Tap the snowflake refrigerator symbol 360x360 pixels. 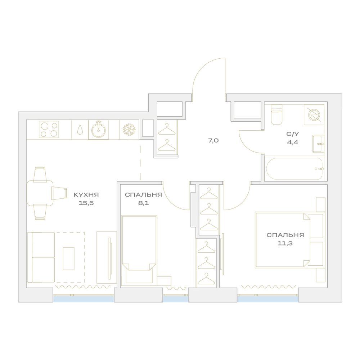pos(129,130)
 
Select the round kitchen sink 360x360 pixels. pos(99,130)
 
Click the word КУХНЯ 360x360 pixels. pos(86,195)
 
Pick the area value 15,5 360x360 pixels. pos(86,203)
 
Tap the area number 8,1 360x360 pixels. pos(143,203)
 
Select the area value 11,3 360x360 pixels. pos(285,243)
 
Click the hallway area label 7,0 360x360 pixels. pos(213,140)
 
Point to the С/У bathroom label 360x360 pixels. pos(292,134)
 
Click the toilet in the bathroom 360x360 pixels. pos(276,114)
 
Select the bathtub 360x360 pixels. pos(295,169)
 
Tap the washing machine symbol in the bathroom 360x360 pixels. pos(314,115)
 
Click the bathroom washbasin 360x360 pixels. pos(318,144)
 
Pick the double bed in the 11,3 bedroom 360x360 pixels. pos(290,240)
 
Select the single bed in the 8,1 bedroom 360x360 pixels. pos(139,250)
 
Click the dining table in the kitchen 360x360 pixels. pos(40,193)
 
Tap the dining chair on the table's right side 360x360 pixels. pos(59,193)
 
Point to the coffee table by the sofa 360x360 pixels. pos(69,258)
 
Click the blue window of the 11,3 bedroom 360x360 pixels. pos(268,299)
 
